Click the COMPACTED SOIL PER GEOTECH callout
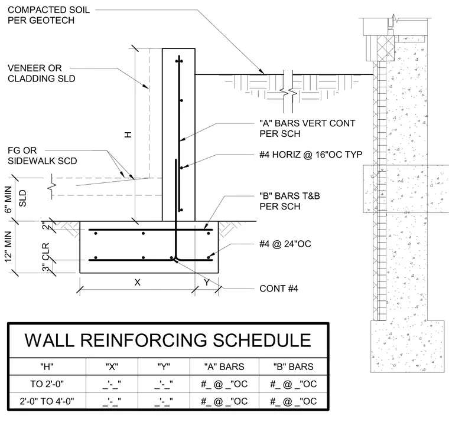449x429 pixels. pyautogui.click(x=48, y=15)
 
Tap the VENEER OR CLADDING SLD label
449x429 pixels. pyautogui.click(x=41, y=73)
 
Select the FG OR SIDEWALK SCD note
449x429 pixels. pyautogui.click(x=42, y=156)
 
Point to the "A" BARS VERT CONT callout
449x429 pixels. pyautogui.click(x=307, y=129)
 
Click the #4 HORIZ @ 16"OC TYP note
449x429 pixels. pyautogui.click(x=311, y=155)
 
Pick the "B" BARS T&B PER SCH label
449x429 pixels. pyautogui.click(x=289, y=201)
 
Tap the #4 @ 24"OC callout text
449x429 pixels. pyautogui.click(x=285, y=244)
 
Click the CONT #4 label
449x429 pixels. pyautogui.click(x=279, y=289)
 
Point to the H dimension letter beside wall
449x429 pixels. pyautogui.click(x=128, y=135)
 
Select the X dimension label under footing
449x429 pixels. pyautogui.click(x=138, y=283)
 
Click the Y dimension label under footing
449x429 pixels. pyautogui.click(x=206, y=283)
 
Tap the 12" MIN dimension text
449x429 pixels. pyautogui.click(x=8, y=247)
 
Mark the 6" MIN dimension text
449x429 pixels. pyautogui.click(x=8, y=199)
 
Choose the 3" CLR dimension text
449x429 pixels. pyautogui.click(x=46, y=257)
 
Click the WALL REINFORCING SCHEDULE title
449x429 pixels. pyautogui.click(x=168, y=340)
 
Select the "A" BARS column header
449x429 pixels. pyautogui.click(x=224, y=366)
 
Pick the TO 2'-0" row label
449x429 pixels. pyautogui.click(x=47, y=384)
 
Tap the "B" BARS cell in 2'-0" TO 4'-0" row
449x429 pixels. pyautogui.click(x=294, y=401)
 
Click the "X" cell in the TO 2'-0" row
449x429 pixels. pyautogui.click(x=112, y=384)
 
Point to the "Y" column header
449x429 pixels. pyautogui.click(x=164, y=366)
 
